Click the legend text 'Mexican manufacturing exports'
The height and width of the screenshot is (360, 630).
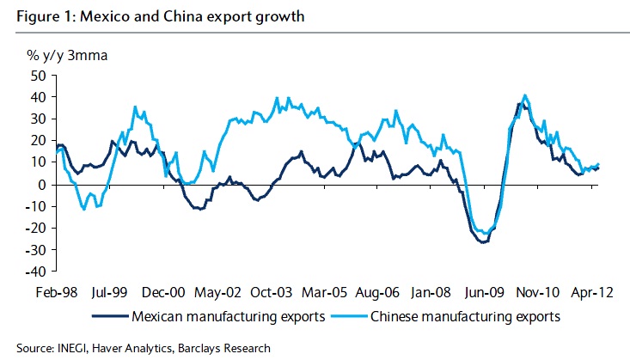228,316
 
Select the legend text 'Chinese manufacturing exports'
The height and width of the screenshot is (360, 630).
465,316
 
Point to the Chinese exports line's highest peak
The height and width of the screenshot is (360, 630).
525,95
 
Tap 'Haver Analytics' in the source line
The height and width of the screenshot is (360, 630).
126,348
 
